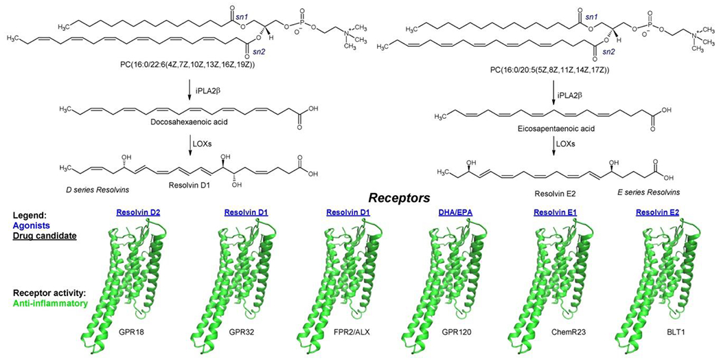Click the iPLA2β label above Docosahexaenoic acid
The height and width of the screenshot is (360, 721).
(201, 86)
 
